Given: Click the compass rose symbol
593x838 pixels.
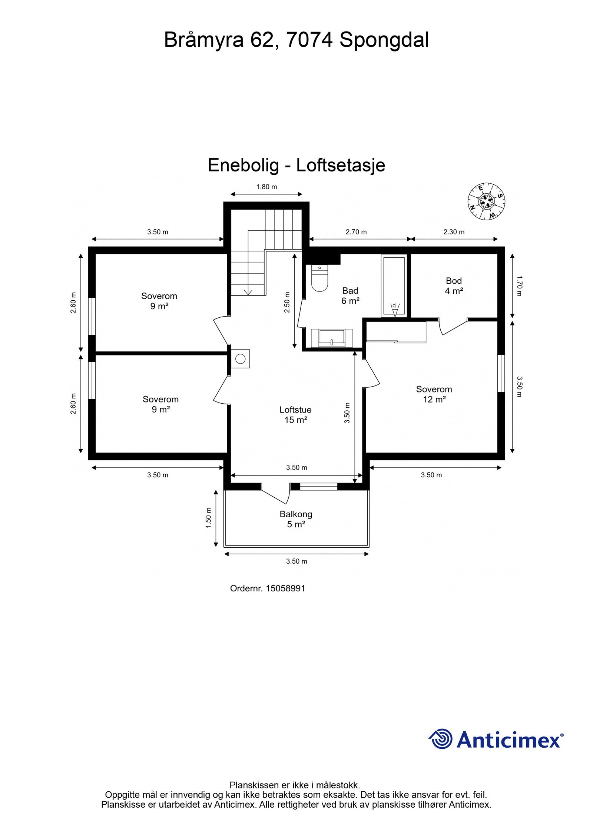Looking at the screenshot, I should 487,201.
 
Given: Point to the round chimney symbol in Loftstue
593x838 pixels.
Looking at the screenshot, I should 241,358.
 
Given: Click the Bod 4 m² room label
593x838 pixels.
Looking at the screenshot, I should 454,286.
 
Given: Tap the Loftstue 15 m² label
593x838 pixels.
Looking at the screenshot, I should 295,414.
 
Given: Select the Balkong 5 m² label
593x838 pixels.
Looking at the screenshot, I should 296,519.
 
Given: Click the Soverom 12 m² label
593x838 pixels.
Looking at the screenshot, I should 434,394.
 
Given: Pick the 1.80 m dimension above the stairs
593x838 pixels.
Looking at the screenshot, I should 266,187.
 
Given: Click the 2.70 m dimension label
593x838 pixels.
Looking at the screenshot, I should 356,232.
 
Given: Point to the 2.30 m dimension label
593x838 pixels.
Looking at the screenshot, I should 454,232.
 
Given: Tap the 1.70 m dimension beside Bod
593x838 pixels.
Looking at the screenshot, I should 519,286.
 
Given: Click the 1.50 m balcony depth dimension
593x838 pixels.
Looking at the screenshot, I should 209,517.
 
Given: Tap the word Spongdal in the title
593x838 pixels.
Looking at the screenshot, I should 384,40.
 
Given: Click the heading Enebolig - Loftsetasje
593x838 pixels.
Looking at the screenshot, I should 296,165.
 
